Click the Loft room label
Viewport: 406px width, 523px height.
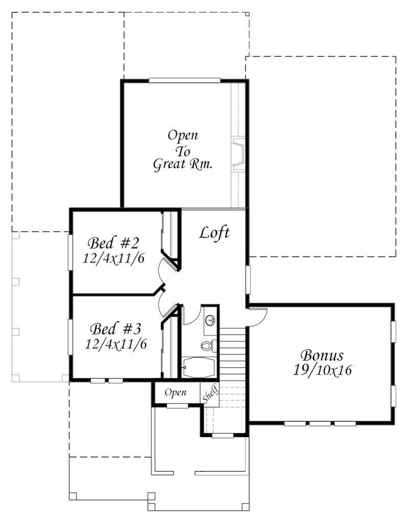[x=214, y=232]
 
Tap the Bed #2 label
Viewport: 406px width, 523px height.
[x=113, y=243]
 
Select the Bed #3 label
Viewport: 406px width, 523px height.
[x=115, y=329]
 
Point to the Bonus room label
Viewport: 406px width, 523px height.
[x=322, y=355]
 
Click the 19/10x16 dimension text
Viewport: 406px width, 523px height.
[x=322, y=370]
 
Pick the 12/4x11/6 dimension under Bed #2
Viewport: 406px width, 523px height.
[x=113, y=258]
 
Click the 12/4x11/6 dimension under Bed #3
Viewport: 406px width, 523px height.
[x=116, y=344]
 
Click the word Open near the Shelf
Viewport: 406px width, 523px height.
[x=176, y=393]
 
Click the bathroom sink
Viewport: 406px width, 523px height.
[x=210, y=320]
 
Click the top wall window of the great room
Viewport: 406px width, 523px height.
[x=184, y=80]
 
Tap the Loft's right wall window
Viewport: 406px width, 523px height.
[x=248, y=279]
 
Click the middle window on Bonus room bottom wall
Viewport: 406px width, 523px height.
[x=320, y=423]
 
